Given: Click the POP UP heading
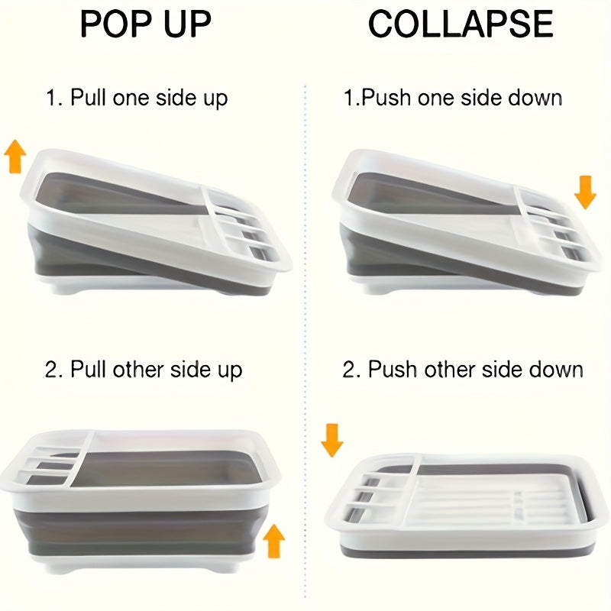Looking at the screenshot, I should [x=145, y=24].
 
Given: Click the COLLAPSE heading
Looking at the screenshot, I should [x=461, y=24].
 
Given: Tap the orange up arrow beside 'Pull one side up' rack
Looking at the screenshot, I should [x=15, y=157].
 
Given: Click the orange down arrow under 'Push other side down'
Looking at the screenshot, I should [x=332, y=439].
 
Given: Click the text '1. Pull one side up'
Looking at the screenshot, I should [x=136, y=99].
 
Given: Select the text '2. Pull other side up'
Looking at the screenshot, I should [x=144, y=370].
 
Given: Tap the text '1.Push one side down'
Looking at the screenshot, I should [x=452, y=99].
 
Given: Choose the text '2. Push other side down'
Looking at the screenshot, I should [x=463, y=370].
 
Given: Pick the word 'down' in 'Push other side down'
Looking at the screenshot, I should [x=554, y=370].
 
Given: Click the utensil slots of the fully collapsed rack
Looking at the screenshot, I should [x=374, y=496].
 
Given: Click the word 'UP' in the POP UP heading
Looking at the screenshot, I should [x=183, y=24].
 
